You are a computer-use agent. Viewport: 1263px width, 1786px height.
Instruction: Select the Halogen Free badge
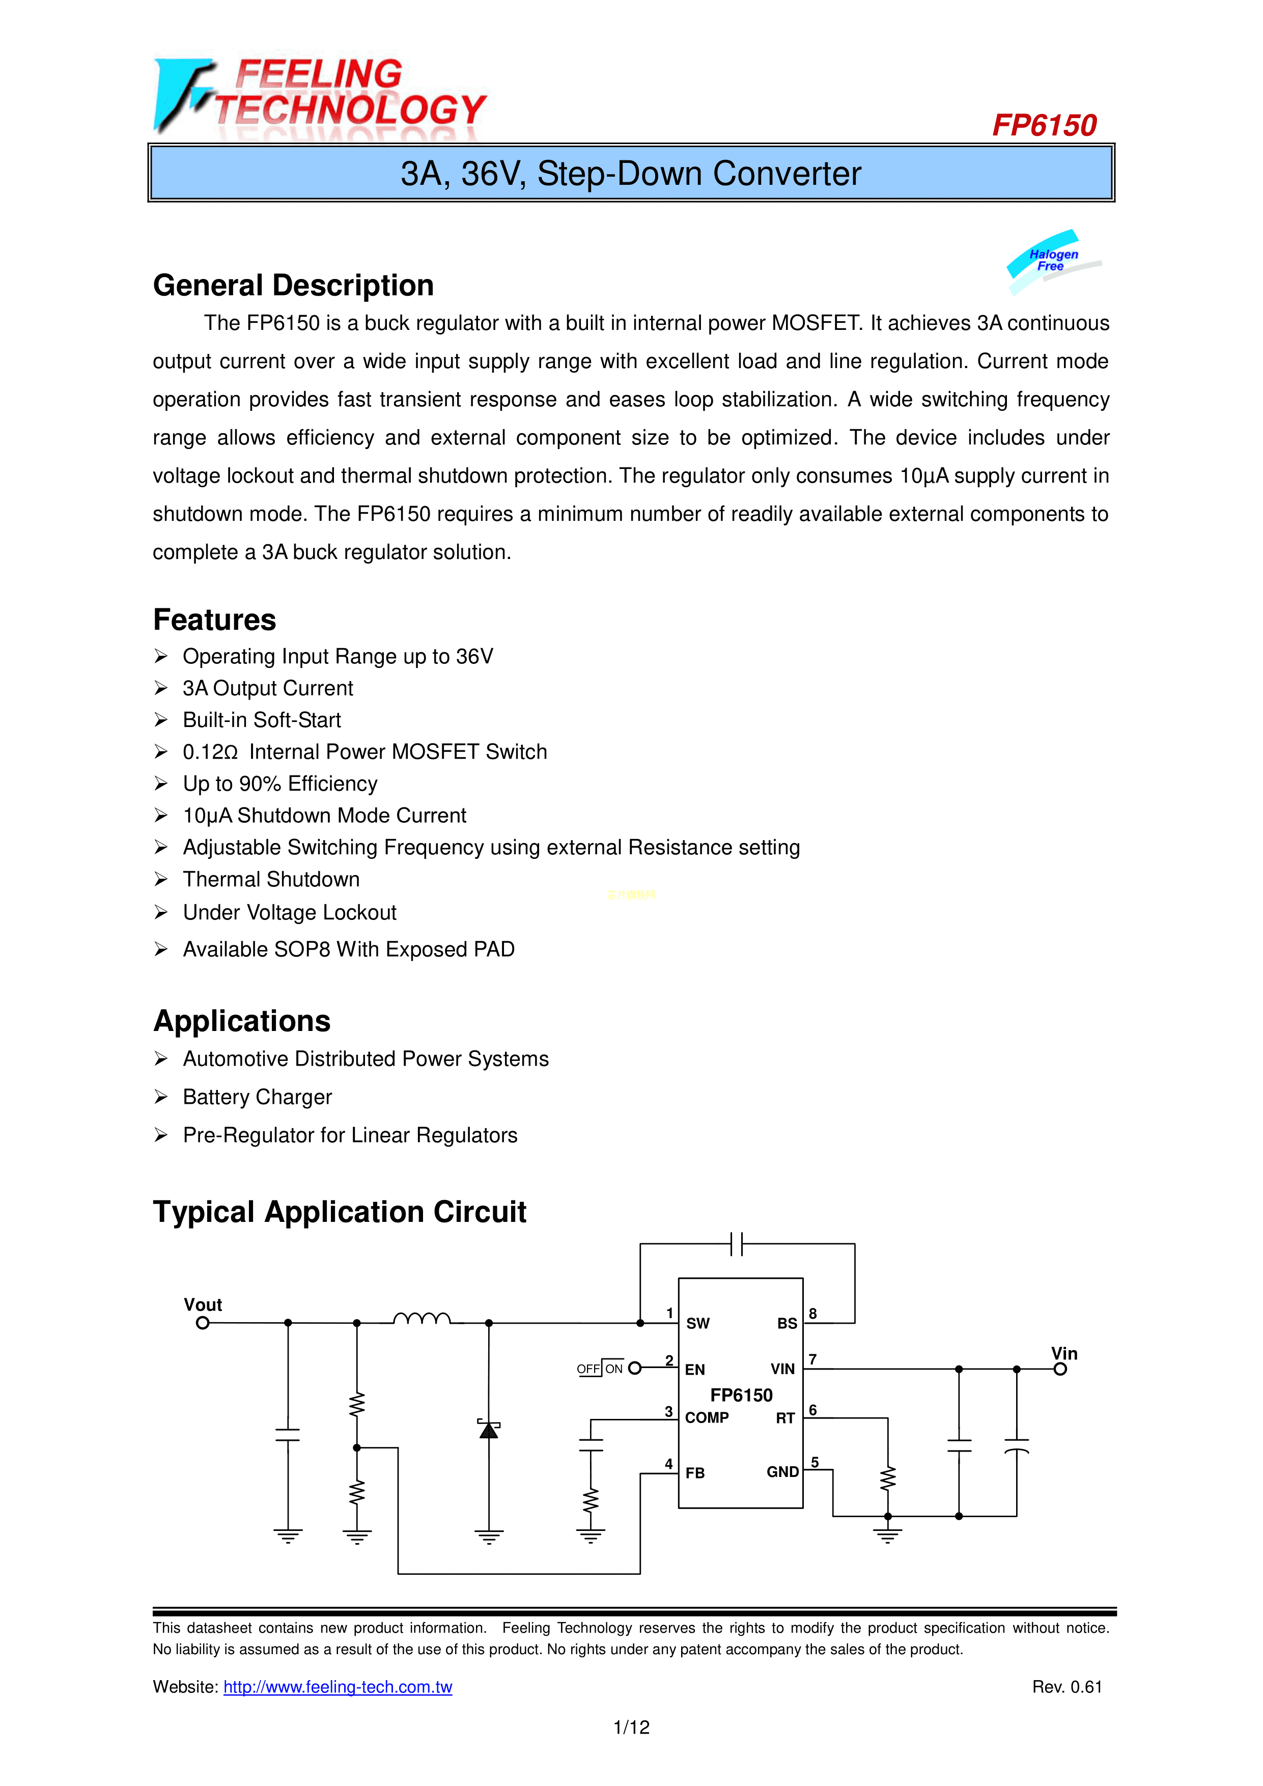(1053, 261)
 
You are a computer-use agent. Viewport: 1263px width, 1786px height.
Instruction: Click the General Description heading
(293, 286)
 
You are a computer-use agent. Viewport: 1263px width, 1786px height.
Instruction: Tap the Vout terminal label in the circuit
(202, 1304)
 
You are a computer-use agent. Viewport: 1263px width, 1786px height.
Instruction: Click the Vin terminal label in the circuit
(1064, 1354)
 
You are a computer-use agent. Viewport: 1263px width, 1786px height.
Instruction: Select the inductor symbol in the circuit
(422, 1319)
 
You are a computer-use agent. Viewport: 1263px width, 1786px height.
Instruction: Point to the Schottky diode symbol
(488, 1430)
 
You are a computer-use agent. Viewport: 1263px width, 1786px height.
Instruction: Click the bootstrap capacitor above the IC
(737, 1244)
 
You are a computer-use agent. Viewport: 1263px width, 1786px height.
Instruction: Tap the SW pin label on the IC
(697, 1324)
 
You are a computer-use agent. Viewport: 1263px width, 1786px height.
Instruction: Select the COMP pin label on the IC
(706, 1418)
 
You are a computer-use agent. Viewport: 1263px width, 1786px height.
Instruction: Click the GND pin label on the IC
(782, 1472)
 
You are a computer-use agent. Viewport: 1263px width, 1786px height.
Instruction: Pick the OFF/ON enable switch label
(600, 1369)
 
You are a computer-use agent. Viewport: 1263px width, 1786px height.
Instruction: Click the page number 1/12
(631, 1727)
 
